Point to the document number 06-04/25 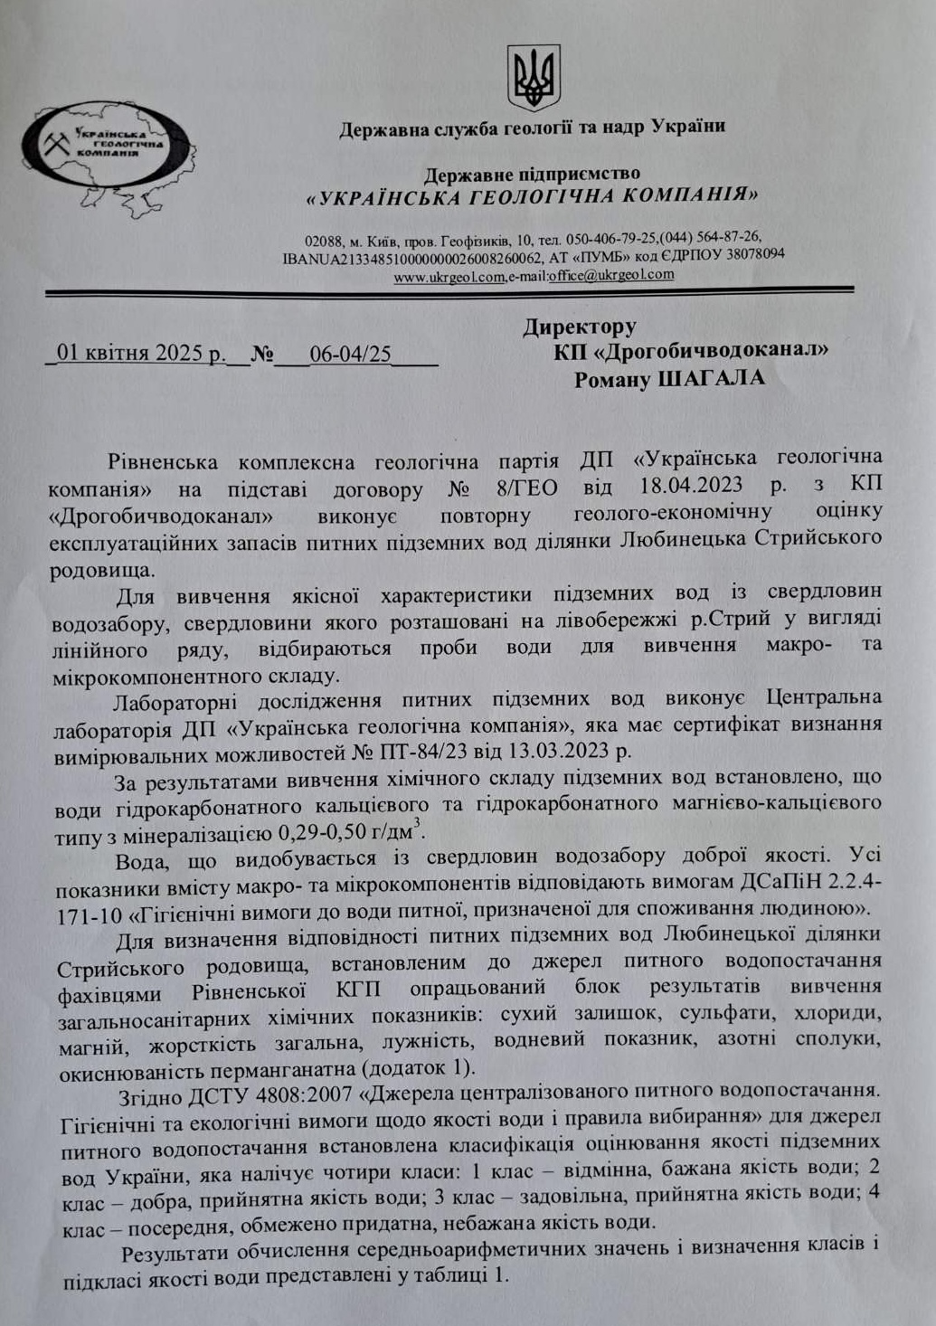tap(350, 353)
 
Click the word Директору tap(579, 327)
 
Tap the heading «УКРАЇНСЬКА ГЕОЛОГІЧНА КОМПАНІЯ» tap(532, 195)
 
